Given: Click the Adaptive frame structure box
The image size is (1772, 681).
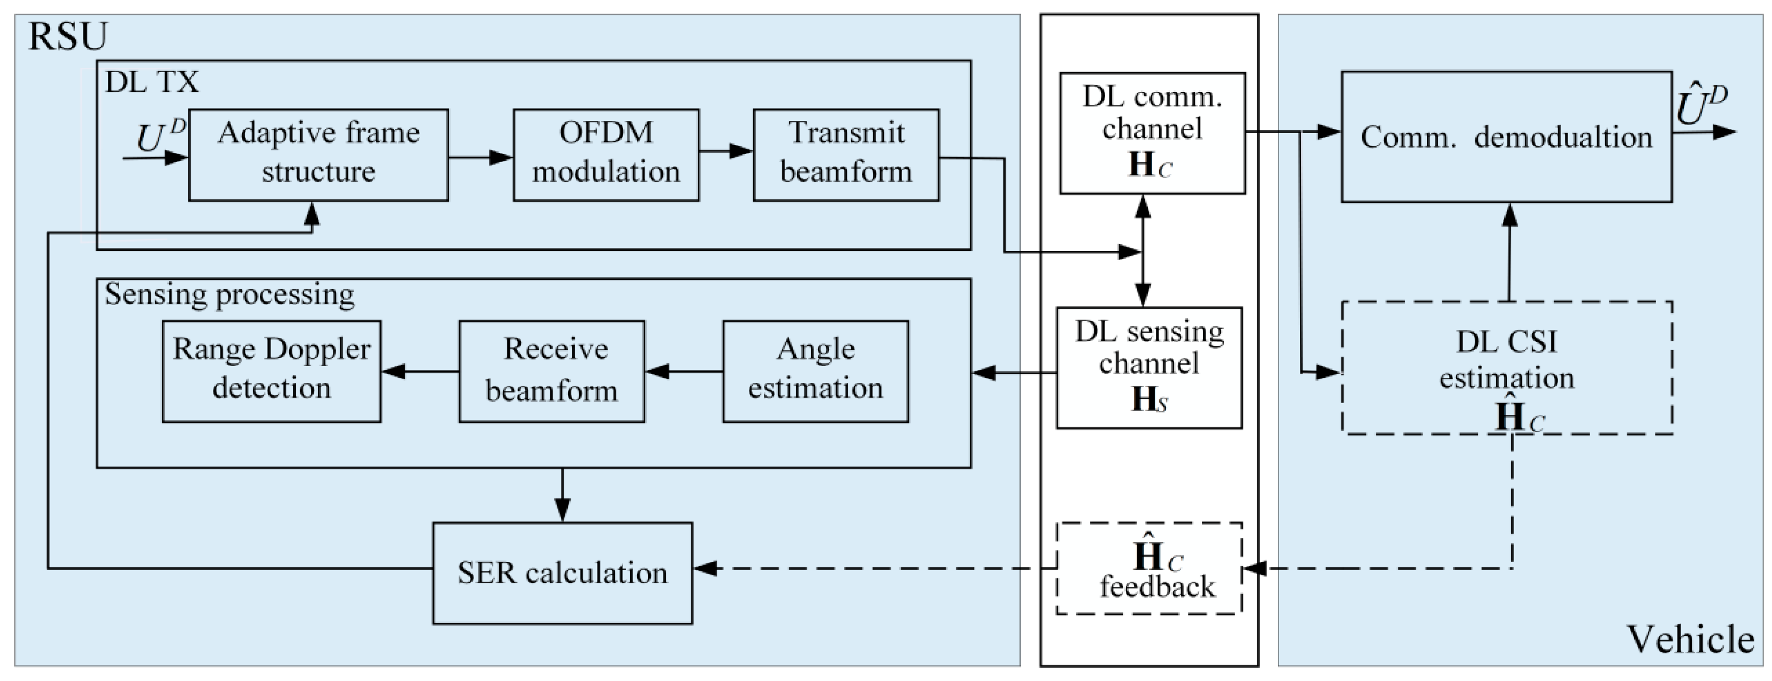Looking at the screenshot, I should [318, 154].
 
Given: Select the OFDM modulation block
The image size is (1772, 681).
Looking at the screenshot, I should [605, 154].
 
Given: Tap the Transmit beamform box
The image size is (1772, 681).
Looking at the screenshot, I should [845, 154].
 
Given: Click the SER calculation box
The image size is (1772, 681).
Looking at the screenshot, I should [562, 573].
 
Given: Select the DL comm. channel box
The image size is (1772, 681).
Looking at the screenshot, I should [1152, 133].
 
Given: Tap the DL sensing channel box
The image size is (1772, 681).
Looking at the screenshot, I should [1149, 367].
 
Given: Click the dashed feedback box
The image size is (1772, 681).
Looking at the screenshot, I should [1149, 568].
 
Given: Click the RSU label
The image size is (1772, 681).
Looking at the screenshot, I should [68, 37].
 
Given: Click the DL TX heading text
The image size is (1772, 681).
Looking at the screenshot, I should [151, 82].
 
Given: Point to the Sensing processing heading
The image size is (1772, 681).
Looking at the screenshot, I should [229, 294].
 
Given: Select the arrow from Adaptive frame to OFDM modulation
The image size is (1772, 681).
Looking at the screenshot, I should [480, 157].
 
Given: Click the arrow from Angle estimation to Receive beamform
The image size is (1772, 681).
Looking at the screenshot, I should [683, 372].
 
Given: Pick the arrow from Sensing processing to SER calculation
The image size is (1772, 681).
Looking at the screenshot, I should [562, 495].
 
